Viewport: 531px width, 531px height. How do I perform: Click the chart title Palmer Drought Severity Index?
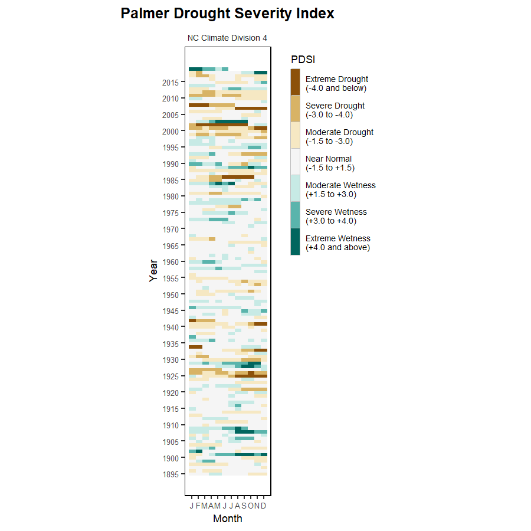tap(227, 14)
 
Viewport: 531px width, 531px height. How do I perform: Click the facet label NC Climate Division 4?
tap(227, 38)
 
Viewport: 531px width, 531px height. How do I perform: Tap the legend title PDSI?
tap(303, 59)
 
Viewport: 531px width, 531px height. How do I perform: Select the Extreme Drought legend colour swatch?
tap(295, 82)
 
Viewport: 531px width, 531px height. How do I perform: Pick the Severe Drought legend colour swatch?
tap(295, 109)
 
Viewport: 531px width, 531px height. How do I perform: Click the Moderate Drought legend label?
tap(339, 137)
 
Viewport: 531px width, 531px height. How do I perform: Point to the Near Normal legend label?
tap(330, 163)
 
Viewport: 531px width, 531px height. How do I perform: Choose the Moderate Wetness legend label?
tap(340, 190)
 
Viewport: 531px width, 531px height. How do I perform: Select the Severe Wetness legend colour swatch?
tap(295, 215)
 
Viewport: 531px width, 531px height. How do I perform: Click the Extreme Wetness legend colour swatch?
tap(295, 242)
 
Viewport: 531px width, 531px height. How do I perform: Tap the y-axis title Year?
tap(153, 271)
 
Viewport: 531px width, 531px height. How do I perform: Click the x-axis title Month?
tap(227, 519)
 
